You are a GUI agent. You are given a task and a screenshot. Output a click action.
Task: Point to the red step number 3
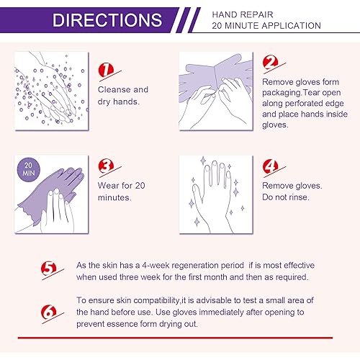click(106, 167)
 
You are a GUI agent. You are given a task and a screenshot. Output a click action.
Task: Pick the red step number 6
click(48, 312)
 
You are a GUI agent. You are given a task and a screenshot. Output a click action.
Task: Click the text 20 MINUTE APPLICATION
click(266, 26)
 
